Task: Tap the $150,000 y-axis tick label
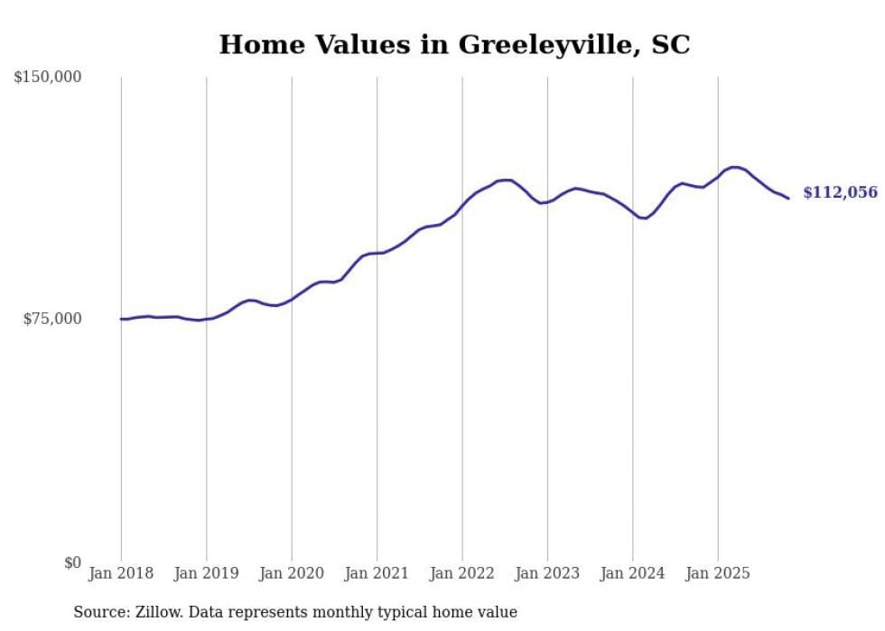pos(48,78)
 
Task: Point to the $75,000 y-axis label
pos(52,319)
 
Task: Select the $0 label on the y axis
pos(72,562)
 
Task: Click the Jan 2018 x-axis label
pos(121,573)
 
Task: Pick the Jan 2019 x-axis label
pos(207,573)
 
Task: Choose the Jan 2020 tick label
pos(292,573)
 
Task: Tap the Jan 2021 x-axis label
pos(377,573)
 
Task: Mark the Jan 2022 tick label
pos(462,573)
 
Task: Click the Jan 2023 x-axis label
pos(547,573)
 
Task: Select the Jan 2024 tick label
pos(632,573)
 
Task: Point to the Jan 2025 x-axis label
pos(718,573)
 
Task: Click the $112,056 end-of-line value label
pos(840,192)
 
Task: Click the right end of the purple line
pos(788,198)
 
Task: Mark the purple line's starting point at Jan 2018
pos(121,319)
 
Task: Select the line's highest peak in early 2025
pos(736,167)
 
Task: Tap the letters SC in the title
pos(670,44)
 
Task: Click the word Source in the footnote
pos(99,612)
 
